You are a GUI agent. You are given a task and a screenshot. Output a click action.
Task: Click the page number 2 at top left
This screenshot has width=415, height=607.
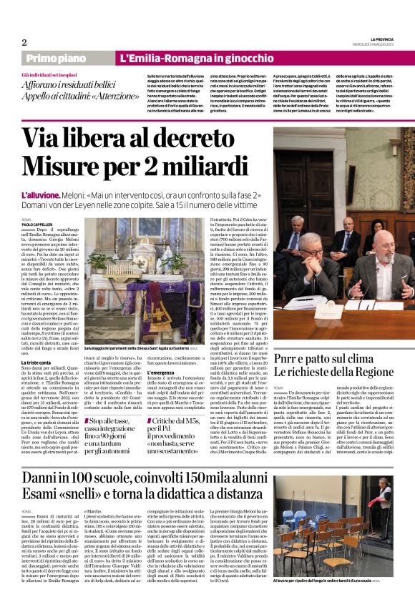tap(24, 41)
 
